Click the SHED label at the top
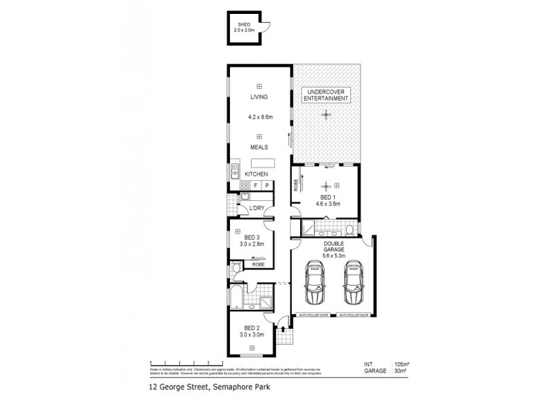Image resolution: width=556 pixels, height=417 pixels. [x=243, y=26]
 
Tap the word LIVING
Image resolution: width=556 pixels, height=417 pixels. [x=259, y=97]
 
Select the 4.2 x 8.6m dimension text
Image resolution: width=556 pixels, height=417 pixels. [x=259, y=118]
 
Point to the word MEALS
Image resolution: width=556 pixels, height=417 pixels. [x=259, y=147]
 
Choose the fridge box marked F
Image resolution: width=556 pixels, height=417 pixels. [x=256, y=186]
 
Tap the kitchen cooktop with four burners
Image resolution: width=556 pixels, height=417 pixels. [x=245, y=186]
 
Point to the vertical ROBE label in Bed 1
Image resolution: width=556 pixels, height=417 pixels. [x=295, y=186]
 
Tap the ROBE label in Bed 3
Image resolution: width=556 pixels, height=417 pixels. [x=258, y=265]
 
